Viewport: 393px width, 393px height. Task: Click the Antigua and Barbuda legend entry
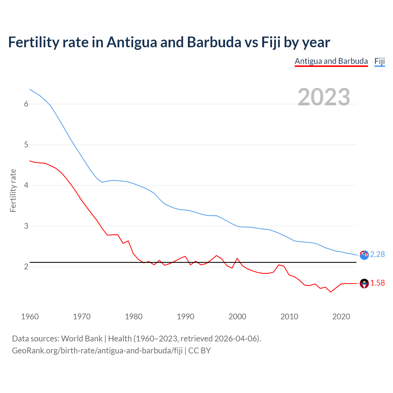(331, 61)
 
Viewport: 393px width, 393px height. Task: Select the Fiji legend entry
(379, 61)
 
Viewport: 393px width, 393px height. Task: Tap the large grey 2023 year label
(324, 97)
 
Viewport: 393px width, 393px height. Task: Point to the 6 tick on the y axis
(26, 104)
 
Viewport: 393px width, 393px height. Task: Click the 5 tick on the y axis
(26, 145)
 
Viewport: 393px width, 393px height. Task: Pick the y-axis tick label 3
(26, 226)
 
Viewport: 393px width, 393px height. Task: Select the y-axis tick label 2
(26, 267)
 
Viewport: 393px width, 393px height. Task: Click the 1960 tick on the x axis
(30, 317)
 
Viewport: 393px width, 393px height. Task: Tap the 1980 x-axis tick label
(134, 317)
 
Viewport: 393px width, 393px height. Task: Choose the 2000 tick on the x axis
(237, 317)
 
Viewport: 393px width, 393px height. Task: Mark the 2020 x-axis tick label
(341, 317)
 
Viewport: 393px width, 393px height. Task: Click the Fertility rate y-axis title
(13, 190)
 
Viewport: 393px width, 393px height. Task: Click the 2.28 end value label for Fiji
(377, 255)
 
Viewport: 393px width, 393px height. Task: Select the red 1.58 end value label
(377, 283)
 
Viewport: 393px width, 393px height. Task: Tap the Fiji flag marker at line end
(364, 255)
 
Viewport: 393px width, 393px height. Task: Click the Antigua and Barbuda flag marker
(364, 283)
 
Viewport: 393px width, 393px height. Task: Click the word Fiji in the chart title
(271, 42)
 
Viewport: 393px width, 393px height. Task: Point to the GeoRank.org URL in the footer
(97, 351)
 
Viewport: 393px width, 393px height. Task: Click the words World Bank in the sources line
(82, 339)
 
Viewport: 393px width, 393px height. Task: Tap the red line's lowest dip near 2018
(331, 292)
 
